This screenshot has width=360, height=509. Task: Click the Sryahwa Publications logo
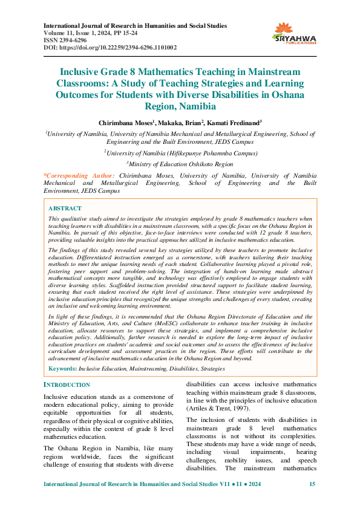click(x=295, y=34)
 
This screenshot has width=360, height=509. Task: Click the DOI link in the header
click(x=111, y=47)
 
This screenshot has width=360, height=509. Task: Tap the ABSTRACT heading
click(x=65, y=208)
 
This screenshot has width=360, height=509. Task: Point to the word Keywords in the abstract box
click(x=62, y=368)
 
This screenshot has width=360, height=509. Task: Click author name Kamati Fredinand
click(x=235, y=122)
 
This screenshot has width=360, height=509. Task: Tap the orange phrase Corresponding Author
click(x=80, y=175)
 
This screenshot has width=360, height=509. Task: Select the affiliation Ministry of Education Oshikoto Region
click(x=180, y=164)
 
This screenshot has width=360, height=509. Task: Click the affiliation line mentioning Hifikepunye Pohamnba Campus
click(x=180, y=154)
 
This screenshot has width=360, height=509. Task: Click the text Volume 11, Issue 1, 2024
click(x=82, y=33)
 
